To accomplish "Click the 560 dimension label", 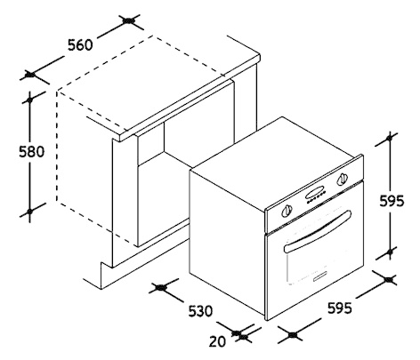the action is [80, 45].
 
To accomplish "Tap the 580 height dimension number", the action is [31, 152].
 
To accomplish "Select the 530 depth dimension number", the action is [200, 311].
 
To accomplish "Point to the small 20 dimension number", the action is [217, 341].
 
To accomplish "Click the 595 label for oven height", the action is [392, 202].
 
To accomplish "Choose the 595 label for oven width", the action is [340, 308].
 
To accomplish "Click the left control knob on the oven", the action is [287, 211].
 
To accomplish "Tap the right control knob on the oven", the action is [342, 179].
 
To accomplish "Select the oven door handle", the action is [318, 232].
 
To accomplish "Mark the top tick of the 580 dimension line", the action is [29, 100].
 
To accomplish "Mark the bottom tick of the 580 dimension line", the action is [29, 211].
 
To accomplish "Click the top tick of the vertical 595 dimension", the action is [390, 138].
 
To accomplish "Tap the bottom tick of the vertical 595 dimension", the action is [390, 252].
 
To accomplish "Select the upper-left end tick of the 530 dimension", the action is [161, 287].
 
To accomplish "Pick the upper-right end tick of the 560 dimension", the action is [129, 21].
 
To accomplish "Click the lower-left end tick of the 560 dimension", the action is [29, 75].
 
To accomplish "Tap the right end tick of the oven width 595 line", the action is [389, 279].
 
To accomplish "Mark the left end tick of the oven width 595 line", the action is [292, 335].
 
